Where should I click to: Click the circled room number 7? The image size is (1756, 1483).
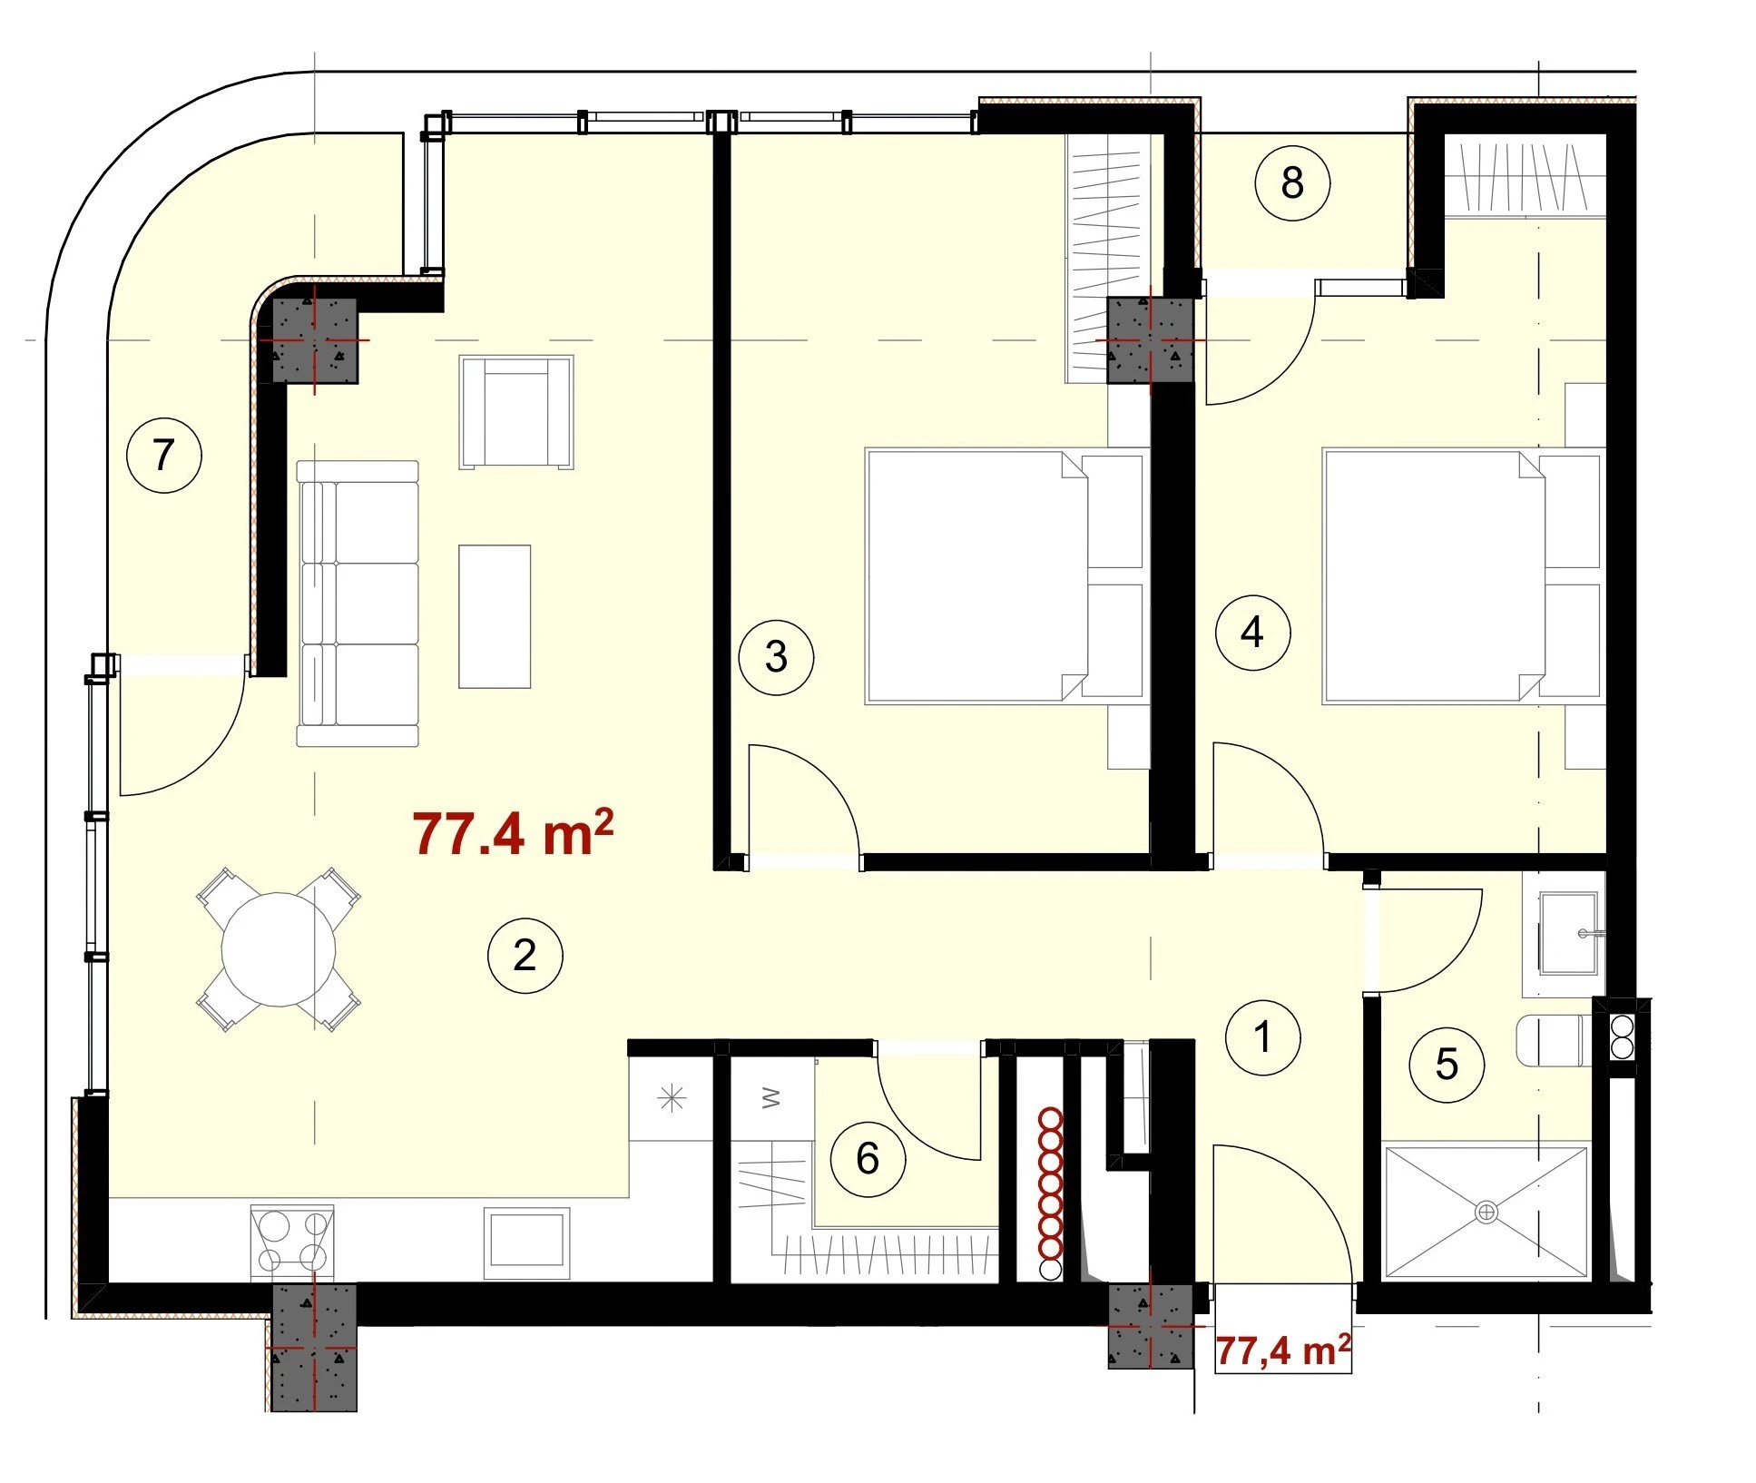tap(164, 454)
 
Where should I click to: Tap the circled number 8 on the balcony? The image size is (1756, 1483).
tap(1292, 182)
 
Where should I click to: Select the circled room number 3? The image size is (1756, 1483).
tap(776, 657)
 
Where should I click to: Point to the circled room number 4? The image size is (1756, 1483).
tap(1252, 632)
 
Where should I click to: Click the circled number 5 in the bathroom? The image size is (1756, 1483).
tap(1447, 1064)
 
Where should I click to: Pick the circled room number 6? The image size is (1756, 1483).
tap(868, 1158)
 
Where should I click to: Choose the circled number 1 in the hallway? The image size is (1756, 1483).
tap(1262, 1037)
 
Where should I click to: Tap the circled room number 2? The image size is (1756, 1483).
tap(525, 955)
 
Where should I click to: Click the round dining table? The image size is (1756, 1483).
tap(279, 949)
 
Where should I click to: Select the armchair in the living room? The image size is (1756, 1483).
tap(516, 412)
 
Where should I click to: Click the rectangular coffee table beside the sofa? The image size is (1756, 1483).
tap(495, 616)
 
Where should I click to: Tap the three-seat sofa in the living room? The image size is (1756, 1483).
tap(358, 604)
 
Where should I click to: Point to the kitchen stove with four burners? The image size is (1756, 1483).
tap(292, 1242)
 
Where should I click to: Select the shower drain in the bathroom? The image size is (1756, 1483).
tap(1486, 1212)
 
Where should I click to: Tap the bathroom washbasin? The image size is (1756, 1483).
tap(1567, 933)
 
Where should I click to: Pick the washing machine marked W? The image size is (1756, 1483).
tap(771, 1098)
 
